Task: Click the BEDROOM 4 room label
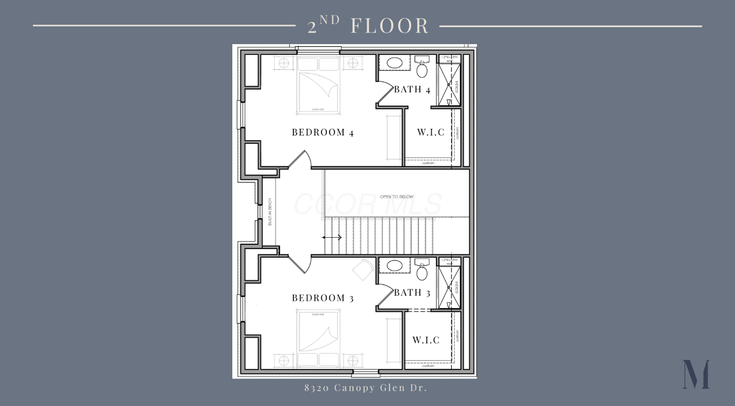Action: pos(322,132)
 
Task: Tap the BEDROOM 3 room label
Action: pos(322,298)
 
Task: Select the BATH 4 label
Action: pos(412,89)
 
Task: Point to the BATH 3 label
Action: pos(412,293)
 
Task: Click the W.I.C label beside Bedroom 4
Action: pos(430,132)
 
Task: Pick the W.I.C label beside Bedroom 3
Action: pos(426,340)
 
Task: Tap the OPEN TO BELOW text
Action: pos(396,197)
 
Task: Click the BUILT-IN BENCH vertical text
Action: pos(270,211)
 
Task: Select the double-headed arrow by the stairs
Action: pos(332,237)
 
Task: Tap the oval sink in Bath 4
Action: pos(394,63)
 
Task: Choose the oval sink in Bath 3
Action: pos(394,266)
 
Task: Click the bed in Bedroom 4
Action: pos(318,85)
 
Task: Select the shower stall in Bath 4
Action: pos(449,85)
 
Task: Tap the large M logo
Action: pos(696,374)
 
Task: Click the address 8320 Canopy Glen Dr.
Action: pos(365,388)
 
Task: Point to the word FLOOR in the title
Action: pos(390,26)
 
